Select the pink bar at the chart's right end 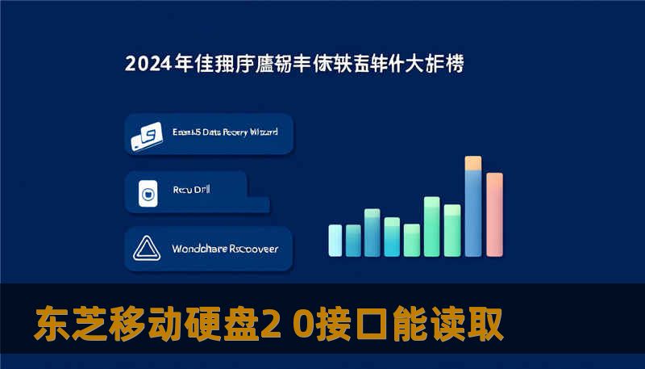pos(495,213)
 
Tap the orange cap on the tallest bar pos(473,163)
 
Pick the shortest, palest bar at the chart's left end pos(335,240)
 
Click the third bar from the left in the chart pos(372,232)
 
